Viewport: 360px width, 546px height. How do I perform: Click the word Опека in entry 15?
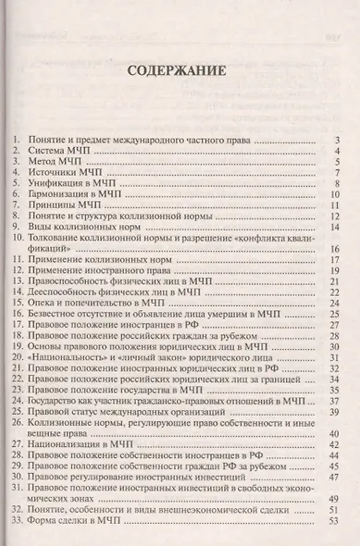[43, 305]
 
